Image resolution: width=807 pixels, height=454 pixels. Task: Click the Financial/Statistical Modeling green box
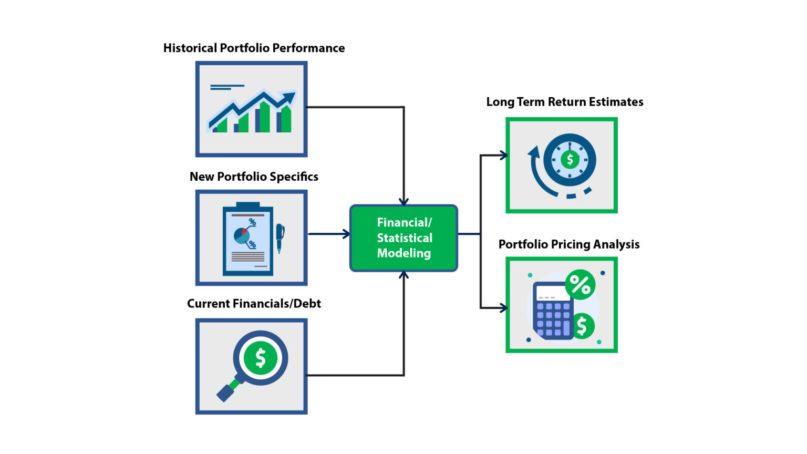click(403, 238)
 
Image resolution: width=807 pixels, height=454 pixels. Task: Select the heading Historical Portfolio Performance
click(254, 48)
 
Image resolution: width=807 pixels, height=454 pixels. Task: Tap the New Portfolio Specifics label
click(254, 177)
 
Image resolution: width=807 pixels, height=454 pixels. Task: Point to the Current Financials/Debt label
click(254, 304)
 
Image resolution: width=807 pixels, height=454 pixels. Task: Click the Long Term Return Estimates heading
click(564, 102)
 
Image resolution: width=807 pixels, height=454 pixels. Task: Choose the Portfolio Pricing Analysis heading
click(568, 244)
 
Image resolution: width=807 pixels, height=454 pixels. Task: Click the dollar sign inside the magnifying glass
click(261, 358)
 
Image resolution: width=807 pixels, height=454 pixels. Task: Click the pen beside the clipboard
click(280, 237)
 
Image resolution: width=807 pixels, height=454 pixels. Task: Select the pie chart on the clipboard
click(242, 235)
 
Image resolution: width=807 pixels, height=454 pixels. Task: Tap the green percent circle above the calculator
click(580, 285)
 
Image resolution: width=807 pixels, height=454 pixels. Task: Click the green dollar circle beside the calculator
click(582, 326)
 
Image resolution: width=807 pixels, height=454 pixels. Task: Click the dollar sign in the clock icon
click(570, 159)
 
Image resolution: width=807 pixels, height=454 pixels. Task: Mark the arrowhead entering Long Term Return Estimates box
click(503, 155)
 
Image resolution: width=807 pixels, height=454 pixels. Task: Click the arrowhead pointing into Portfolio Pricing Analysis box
click(503, 308)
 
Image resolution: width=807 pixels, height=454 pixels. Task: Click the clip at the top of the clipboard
click(248, 205)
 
